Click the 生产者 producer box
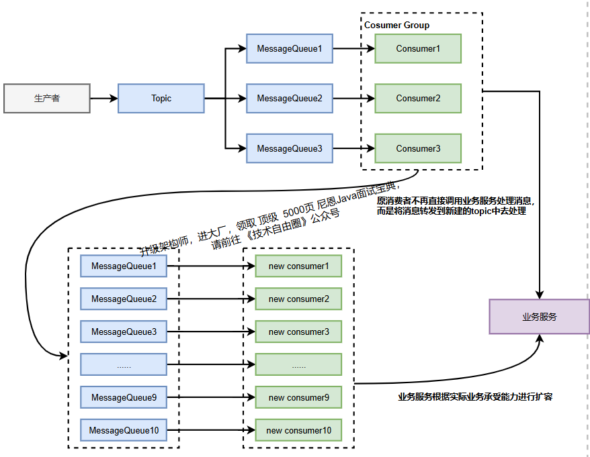(46, 98)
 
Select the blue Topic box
(161, 98)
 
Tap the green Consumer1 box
(418, 48)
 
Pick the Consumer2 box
(418, 98)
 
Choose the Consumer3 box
(418, 148)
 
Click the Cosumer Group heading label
(396, 26)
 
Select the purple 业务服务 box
(539, 316)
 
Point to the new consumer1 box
(298, 266)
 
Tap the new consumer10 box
(298, 430)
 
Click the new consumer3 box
(298, 332)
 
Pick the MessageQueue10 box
(124, 430)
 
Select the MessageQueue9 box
(124, 397)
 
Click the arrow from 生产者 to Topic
(103, 98)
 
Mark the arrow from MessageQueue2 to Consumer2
(353, 98)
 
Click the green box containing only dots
(298, 364)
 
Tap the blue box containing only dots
(124, 364)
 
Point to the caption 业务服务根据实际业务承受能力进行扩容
(475, 397)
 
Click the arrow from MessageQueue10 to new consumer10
(210, 430)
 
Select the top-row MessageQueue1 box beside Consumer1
(290, 48)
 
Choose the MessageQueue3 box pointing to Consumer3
(290, 148)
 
